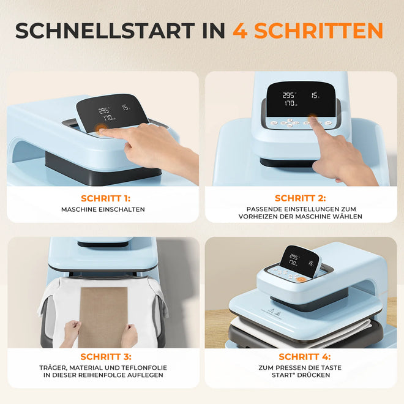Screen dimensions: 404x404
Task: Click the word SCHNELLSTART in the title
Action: click(x=105, y=31)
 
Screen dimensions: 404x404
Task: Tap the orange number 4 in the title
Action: click(x=240, y=31)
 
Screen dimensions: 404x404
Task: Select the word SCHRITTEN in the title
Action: click(x=318, y=31)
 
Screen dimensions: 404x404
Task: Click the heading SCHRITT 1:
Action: click(x=106, y=198)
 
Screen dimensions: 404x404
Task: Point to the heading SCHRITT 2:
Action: click(x=301, y=198)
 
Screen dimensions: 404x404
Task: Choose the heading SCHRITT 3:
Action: click(x=106, y=357)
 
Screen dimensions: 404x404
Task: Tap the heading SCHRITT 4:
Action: click(x=305, y=357)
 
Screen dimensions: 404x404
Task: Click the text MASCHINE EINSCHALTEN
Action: click(x=103, y=209)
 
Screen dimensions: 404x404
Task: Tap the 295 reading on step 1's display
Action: click(x=104, y=111)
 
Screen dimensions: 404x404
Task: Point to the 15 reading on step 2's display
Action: click(x=315, y=95)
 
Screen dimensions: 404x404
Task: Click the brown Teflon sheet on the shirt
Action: click(x=103, y=317)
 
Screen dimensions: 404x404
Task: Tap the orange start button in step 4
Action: click(x=301, y=279)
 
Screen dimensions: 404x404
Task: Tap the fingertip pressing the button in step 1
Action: click(x=101, y=130)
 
